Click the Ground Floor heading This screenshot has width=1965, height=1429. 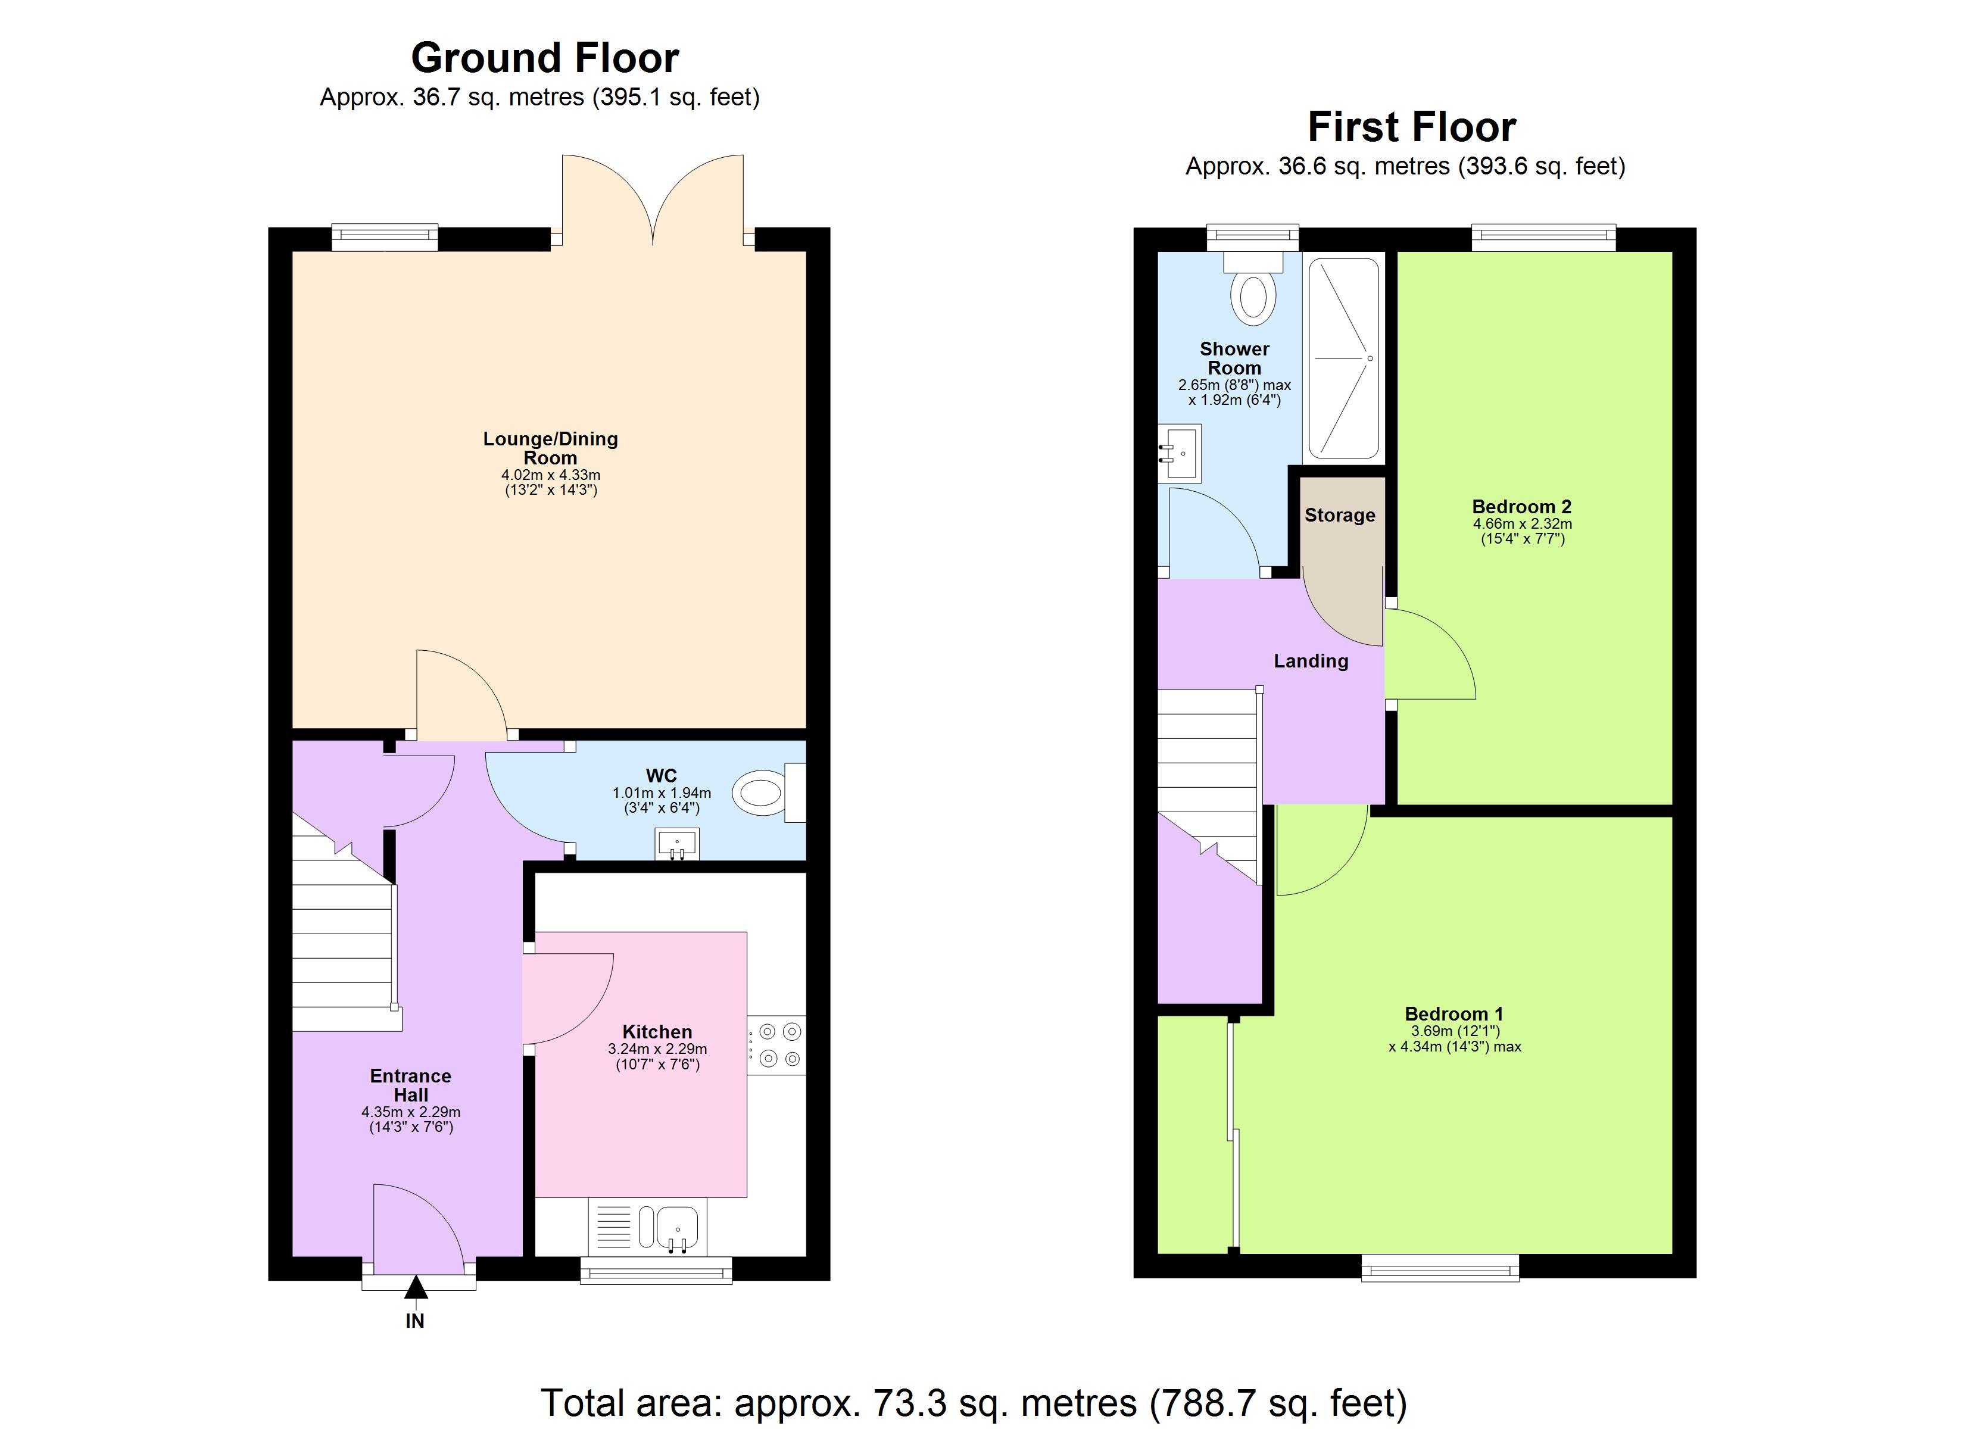[x=544, y=58]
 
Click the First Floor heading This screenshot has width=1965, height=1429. [x=1411, y=127]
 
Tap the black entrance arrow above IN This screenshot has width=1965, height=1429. [x=416, y=1288]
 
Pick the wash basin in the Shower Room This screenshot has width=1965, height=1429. [x=1181, y=451]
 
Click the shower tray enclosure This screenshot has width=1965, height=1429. [x=1343, y=357]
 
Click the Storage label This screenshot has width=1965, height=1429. [x=1339, y=515]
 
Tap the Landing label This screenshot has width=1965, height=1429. [x=1310, y=661]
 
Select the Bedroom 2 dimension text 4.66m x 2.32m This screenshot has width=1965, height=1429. [x=1521, y=523]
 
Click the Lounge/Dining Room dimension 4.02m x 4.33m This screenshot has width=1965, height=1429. [x=550, y=475]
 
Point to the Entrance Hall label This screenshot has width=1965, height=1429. [x=411, y=1085]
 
